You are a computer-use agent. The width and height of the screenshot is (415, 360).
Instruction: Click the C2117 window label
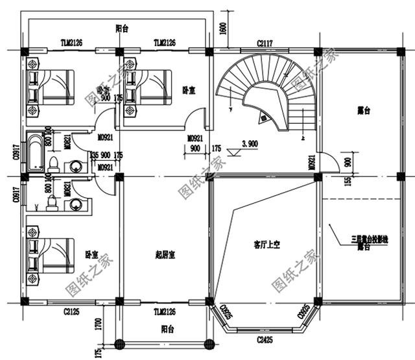[265, 43]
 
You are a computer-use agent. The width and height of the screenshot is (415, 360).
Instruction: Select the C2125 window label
[71, 312]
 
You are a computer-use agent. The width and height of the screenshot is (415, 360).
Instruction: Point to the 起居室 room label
[165, 254]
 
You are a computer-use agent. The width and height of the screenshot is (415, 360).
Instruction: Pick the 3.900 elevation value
[250, 143]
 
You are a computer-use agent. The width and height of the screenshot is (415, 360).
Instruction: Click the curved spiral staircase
[266, 94]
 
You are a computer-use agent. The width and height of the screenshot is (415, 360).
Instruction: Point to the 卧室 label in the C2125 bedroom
[91, 254]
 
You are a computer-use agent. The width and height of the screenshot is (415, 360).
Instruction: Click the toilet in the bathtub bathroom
[53, 162]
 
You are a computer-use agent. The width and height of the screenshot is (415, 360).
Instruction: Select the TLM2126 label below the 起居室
[164, 312]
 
